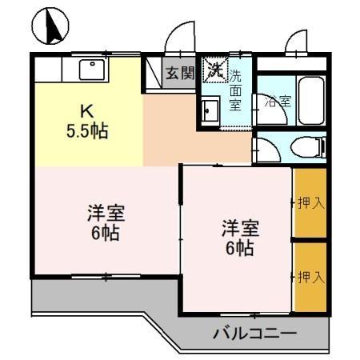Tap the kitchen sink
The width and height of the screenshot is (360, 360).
pos(91,70)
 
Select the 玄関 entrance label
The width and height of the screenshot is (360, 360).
pos(180,74)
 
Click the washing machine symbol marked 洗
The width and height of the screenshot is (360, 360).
pos(214,70)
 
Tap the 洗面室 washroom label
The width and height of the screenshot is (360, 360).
pos(236,90)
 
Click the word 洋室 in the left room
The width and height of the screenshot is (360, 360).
pos(106,214)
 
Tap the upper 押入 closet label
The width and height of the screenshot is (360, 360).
pos(310,203)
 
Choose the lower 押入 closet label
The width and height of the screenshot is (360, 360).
pos(310,277)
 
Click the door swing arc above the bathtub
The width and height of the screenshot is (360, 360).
pos(298,43)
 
